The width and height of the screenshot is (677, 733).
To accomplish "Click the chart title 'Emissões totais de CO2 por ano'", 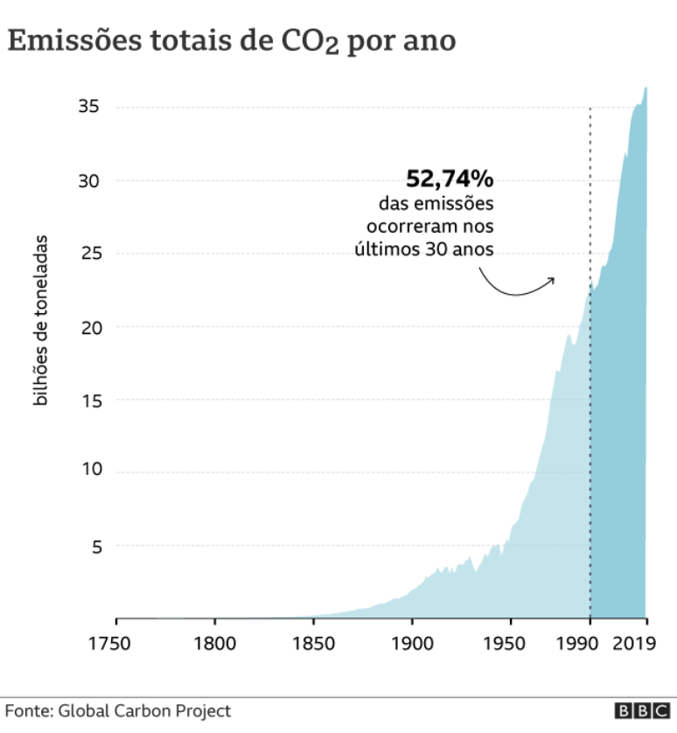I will click(x=232, y=41).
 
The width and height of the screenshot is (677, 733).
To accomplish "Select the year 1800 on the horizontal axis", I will click(x=214, y=644).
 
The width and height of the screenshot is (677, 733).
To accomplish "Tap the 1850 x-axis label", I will click(x=313, y=644).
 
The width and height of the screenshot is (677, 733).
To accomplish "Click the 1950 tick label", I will click(x=511, y=644).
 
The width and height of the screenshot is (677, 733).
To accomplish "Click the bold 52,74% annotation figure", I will click(x=450, y=179).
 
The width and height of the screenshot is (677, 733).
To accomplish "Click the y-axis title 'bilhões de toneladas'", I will click(x=39, y=320).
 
